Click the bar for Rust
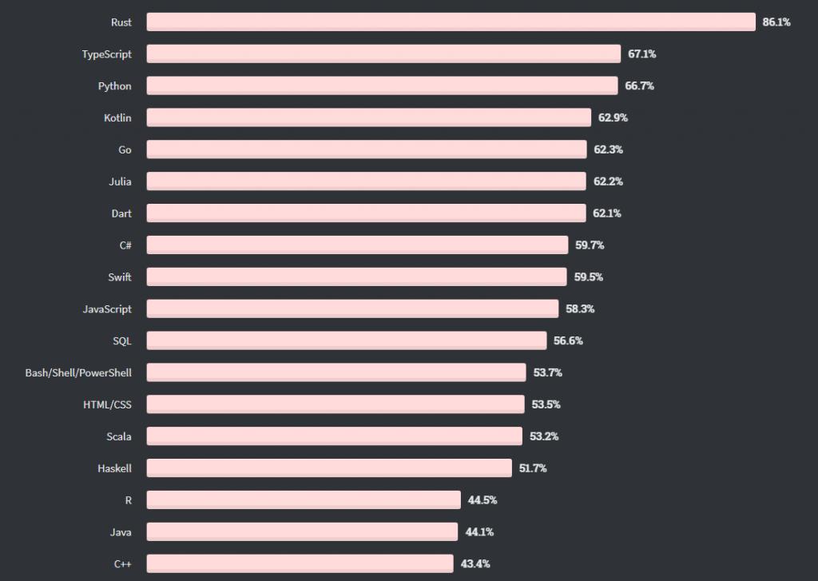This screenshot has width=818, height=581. tap(451, 22)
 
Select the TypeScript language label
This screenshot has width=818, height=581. tap(106, 54)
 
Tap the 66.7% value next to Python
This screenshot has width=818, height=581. tap(639, 86)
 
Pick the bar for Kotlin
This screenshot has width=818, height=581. tap(368, 117)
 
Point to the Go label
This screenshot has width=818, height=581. tap(125, 149)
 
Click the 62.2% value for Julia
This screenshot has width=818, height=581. tap(608, 181)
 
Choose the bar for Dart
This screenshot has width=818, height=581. tap(366, 213)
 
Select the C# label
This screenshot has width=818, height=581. tap(125, 245)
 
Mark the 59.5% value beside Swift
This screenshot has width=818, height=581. tap(589, 277)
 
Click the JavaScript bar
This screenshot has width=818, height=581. tap(352, 308)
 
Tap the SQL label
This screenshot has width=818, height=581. tap(122, 340)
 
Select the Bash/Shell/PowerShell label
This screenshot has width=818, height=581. tap(78, 372)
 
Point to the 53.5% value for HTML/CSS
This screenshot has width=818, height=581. tap(546, 404)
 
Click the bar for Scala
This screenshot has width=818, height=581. tap(334, 436)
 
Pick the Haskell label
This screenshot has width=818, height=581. tap(114, 468)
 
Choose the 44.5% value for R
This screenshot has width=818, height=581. tap(482, 500)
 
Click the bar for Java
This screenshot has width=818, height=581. tap(302, 531)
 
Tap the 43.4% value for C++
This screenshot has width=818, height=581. tap(475, 563)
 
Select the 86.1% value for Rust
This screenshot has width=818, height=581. tap(776, 22)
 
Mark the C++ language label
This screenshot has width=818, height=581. tap(123, 563)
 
